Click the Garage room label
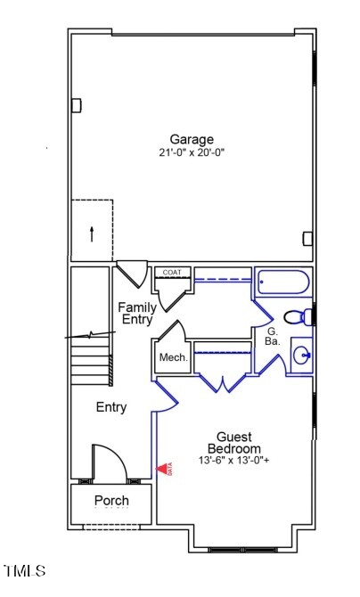192,139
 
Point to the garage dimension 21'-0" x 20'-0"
192,152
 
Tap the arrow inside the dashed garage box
91,234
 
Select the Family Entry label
137,314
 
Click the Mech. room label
173,357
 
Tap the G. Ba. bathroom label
273,337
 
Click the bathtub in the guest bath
283,284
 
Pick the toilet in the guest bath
298,317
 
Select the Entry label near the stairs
111,407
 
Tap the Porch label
111,501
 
